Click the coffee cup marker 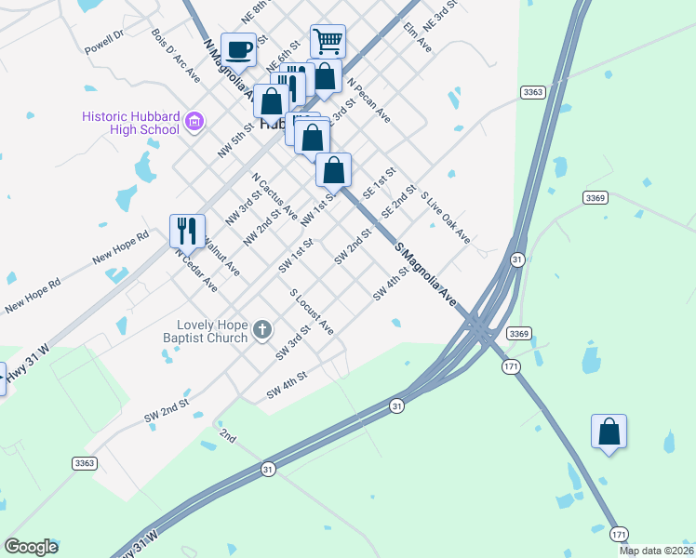239,48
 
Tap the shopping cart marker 328,41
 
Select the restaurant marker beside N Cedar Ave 187,230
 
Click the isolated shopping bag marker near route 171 609,431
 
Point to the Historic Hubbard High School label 129,123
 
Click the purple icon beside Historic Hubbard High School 194,121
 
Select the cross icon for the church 262,328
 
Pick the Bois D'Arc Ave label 176,55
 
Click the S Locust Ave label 311,311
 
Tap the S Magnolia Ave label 425,274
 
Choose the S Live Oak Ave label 446,219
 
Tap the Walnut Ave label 221,257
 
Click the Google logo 31,547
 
